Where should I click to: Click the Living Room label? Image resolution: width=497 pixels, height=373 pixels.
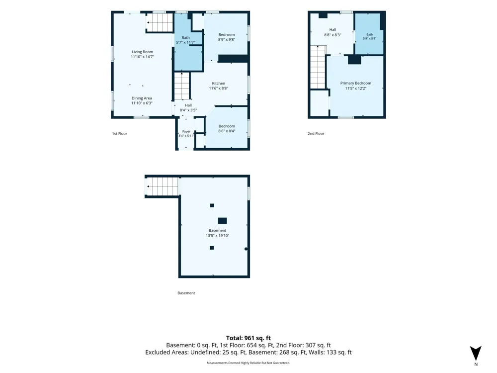point(142,52)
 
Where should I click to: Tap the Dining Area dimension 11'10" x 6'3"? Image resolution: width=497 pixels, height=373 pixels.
point(142,103)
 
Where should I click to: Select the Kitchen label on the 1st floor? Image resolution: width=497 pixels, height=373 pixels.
point(218,84)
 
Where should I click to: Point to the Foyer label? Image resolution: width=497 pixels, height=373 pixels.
point(186,131)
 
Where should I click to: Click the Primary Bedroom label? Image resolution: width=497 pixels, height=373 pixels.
point(356,83)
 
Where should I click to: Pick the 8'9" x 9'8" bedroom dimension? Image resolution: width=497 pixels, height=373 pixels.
point(226,40)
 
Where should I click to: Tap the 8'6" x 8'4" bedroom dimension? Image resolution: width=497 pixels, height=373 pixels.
point(227,131)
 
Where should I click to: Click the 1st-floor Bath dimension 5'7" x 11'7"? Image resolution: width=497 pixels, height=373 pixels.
point(185,42)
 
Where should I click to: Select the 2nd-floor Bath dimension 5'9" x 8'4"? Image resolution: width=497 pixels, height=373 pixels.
point(370,38)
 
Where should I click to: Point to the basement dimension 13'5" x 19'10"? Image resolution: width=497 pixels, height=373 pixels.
point(218,236)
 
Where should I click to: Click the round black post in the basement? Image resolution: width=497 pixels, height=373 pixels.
point(246,249)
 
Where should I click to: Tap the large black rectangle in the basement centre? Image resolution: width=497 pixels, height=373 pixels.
point(222,221)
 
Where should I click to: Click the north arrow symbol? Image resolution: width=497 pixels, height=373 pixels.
point(476,353)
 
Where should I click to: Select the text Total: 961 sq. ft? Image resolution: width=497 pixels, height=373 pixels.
point(248,338)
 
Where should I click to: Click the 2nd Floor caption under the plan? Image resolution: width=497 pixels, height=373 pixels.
point(316,133)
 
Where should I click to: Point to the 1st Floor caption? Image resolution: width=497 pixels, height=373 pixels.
point(119,133)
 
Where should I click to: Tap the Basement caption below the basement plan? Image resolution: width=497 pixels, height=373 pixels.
point(186,293)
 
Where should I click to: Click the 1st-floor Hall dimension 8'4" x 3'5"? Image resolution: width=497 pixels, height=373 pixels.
point(188,110)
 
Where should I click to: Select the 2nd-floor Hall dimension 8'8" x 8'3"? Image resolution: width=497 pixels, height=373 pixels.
point(332,35)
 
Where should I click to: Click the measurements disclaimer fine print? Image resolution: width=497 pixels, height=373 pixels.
point(248,363)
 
